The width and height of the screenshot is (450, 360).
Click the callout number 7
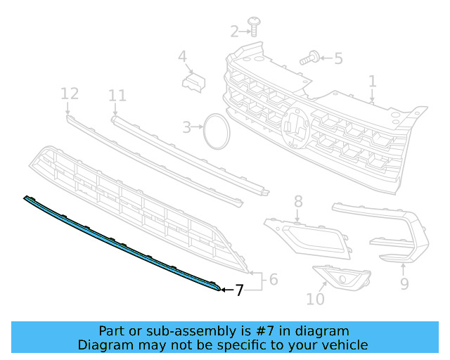(239, 290)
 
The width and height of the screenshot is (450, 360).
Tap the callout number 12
(70, 94)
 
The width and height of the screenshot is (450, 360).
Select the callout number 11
(117, 96)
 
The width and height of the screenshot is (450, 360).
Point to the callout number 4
(183, 56)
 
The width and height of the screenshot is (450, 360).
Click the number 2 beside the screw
(234, 32)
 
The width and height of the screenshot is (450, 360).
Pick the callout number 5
(339, 58)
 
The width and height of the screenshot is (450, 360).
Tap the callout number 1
(372, 82)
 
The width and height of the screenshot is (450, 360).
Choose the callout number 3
(187, 127)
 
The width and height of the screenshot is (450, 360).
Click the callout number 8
(298, 201)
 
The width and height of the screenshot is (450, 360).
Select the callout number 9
(404, 283)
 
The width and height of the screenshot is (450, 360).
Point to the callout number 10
(316, 299)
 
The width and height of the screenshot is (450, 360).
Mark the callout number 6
(274, 279)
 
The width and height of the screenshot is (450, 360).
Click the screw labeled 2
(254, 27)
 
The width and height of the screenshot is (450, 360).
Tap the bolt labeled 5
(310, 58)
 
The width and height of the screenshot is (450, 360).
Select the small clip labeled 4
(194, 82)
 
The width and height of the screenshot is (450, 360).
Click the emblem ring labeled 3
(217, 131)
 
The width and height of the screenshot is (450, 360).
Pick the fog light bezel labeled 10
(342, 278)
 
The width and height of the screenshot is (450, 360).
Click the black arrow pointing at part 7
(227, 290)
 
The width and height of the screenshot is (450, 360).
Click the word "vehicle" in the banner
(348, 345)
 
